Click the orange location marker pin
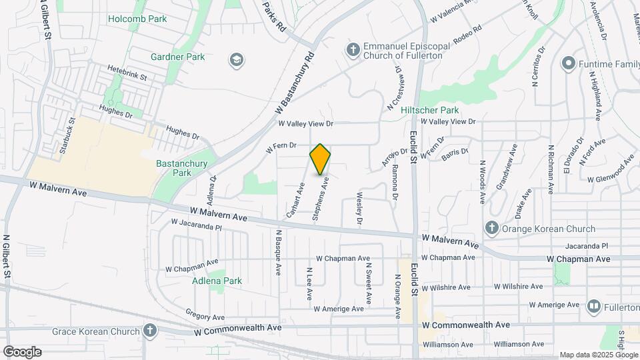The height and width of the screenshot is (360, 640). click(x=320, y=159)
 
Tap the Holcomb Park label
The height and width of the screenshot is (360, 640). click(x=137, y=19)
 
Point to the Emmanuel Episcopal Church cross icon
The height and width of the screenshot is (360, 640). click(x=352, y=49)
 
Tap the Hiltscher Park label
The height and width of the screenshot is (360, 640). click(x=429, y=110)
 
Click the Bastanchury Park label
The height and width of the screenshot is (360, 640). click(x=181, y=168)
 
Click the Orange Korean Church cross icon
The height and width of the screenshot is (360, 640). click(x=491, y=228)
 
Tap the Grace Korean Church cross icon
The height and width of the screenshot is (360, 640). click(x=150, y=330)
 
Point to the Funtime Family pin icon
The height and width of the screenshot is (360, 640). click(x=568, y=64)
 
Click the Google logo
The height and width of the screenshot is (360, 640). click(x=21, y=352)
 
